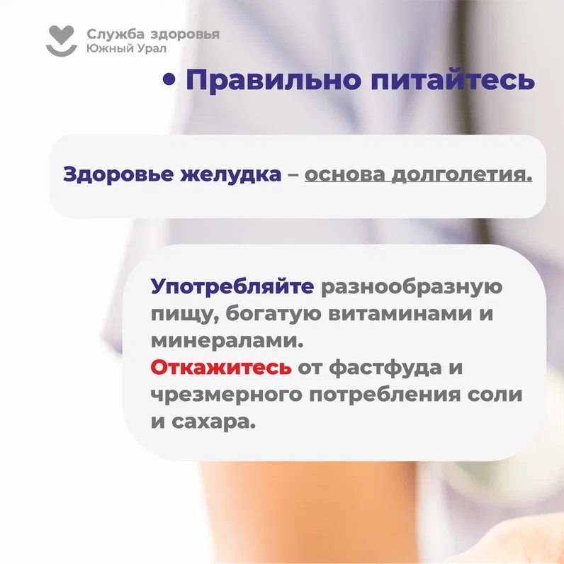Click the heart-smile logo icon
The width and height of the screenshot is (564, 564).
pyautogui.click(x=62, y=40)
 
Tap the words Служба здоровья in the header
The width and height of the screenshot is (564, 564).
pyautogui.click(x=153, y=35)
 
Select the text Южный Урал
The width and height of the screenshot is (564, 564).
pyautogui.click(x=126, y=48)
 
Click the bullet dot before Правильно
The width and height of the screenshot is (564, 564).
pyautogui.click(x=169, y=79)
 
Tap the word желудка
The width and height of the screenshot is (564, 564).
pyautogui.click(x=230, y=175)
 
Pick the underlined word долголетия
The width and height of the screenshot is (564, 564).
pyautogui.click(x=462, y=175)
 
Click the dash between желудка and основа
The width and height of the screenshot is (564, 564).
pyautogui.click(x=293, y=175)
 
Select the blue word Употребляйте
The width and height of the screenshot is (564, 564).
pyautogui.click(x=232, y=287)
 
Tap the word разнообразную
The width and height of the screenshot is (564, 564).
pyautogui.click(x=412, y=288)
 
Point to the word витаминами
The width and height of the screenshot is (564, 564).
pyautogui.click(x=400, y=314)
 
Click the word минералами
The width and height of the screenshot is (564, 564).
pyautogui.click(x=227, y=341)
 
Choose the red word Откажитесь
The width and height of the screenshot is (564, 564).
pyautogui.click(x=221, y=368)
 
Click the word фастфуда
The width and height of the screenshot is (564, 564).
pyautogui.click(x=385, y=368)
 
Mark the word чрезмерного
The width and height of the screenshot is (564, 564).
pyautogui.click(x=226, y=395)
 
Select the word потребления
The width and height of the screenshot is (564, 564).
pyautogui.click(x=385, y=395)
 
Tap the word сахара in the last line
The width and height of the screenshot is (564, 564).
pyautogui.click(x=213, y=422)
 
